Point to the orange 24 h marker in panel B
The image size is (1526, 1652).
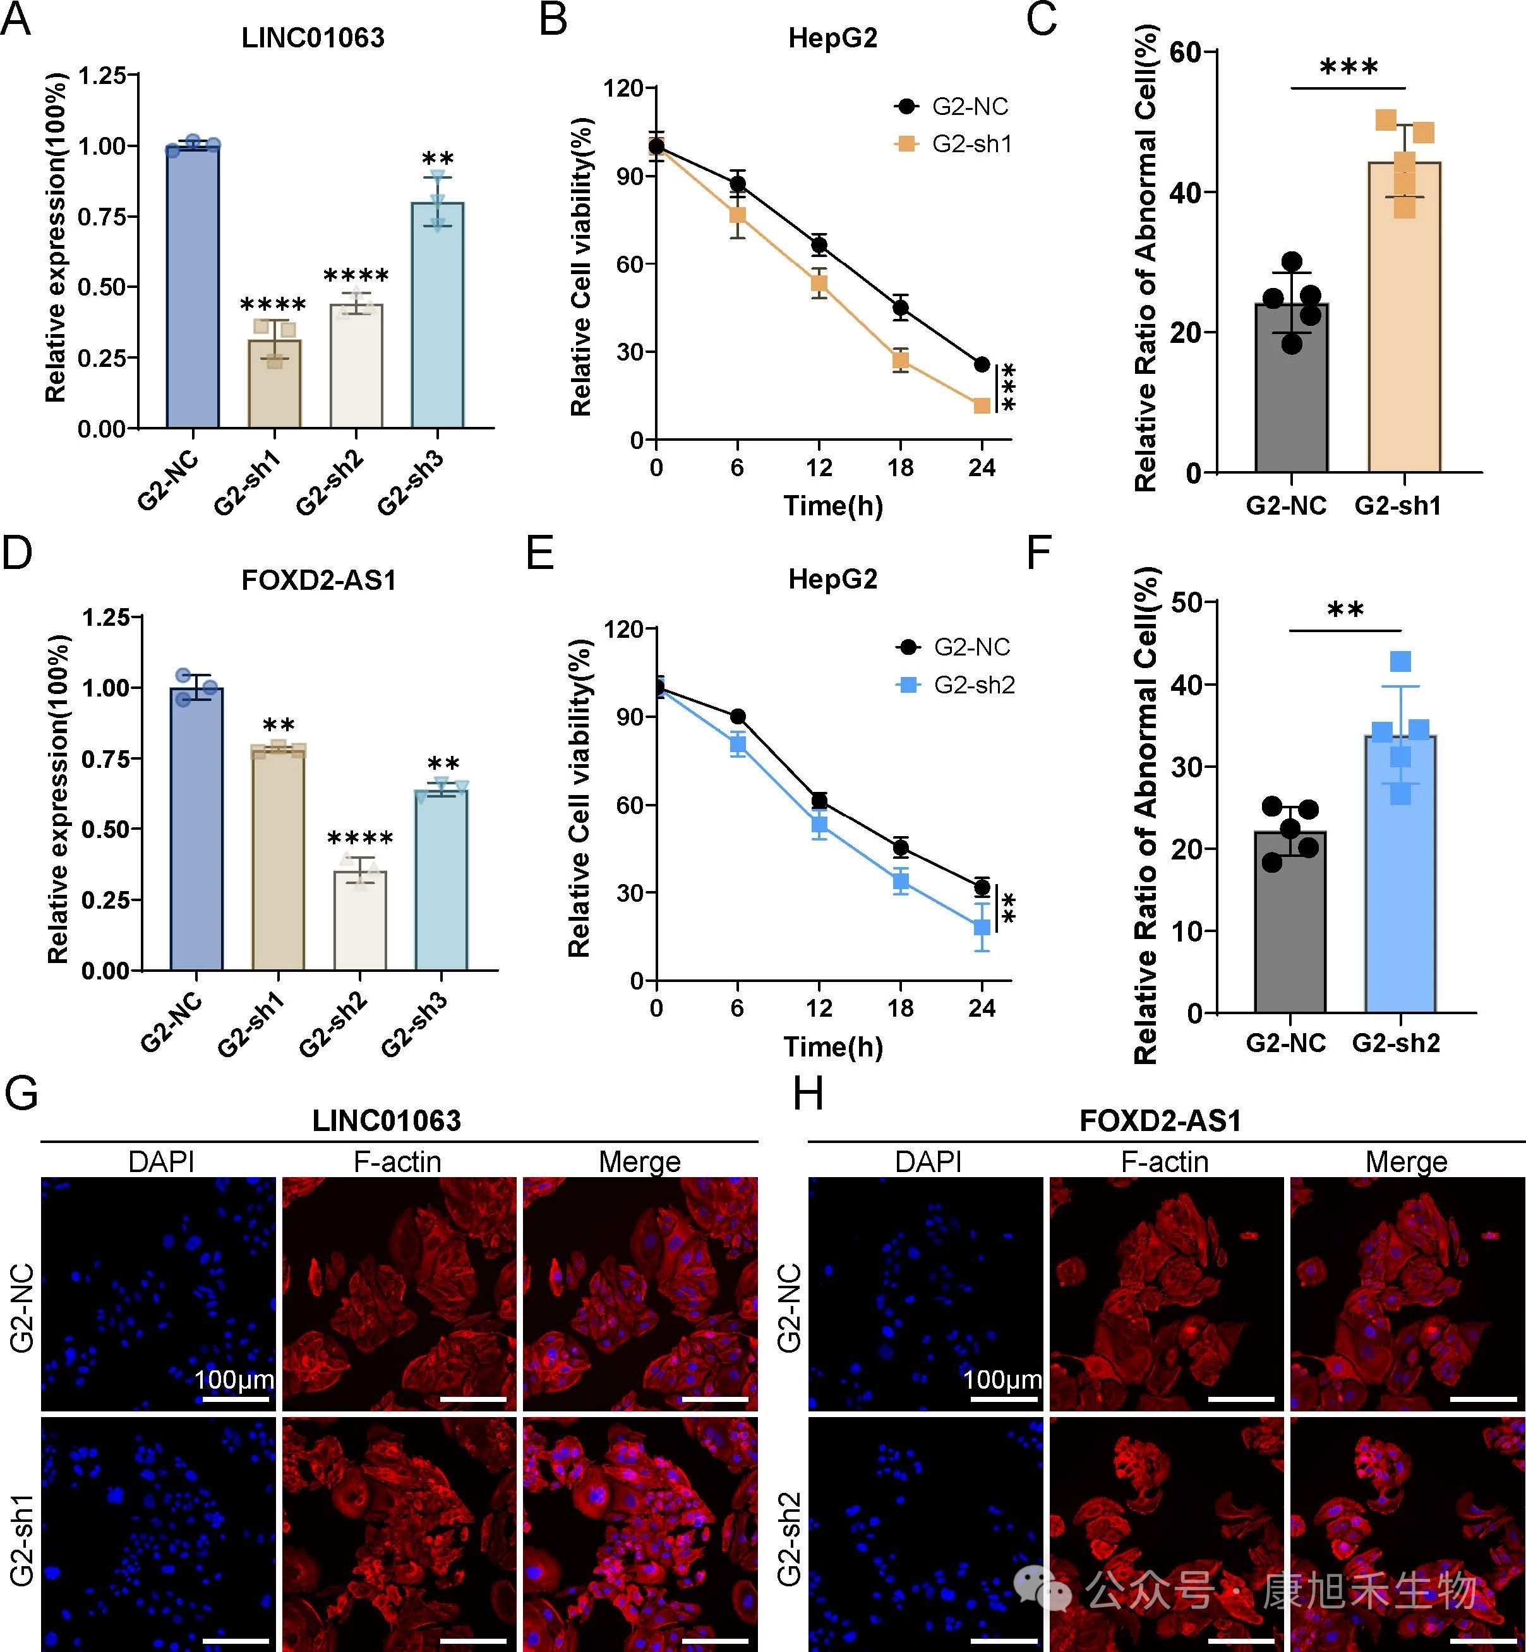[981, 405]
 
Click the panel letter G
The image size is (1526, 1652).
[21, 1094]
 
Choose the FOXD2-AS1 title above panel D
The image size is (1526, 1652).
[319, 580]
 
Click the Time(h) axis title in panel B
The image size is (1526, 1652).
[832, 505]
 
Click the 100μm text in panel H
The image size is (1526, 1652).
[1002, 1380]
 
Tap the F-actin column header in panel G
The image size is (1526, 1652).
[397, 1161]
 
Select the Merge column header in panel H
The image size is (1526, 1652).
[1405, 1161]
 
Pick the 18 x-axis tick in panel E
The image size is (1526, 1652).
[900, 1008]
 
